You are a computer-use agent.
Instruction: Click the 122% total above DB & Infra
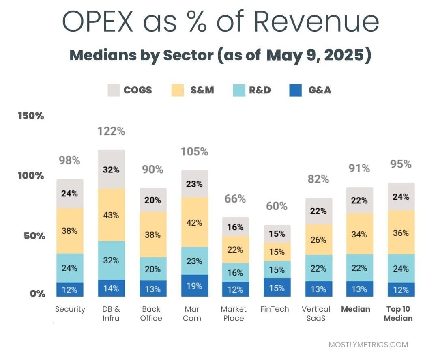[x=111, y=131]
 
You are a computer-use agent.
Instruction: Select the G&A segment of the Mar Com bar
[x=194, y=286]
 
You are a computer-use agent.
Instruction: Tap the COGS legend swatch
[x=114, y=90]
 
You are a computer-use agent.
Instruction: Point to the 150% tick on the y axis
[x=31, y=116]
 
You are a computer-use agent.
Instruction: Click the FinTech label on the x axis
[x=275, y=309]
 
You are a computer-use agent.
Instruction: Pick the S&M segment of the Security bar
[x=70, y=231]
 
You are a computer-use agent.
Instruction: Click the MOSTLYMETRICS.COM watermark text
[x=368, y=345]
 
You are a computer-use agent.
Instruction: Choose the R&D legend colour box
[x=240, y=90]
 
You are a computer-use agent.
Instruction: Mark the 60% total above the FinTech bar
[x=277, y=206]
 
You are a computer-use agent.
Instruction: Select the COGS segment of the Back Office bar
[x=152, y=200]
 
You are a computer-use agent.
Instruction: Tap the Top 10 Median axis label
[x=398, y=313]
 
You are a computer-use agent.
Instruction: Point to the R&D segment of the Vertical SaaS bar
[x=319, y=268]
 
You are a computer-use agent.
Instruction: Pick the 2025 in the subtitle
[x=344, y=56]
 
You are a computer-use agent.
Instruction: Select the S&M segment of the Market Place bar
[x=235, y=250]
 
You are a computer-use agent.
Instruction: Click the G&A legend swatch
[x=296, y=90]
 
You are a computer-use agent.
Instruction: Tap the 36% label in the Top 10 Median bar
[x=401, y=233]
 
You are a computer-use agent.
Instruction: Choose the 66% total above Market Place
[x=235, y=199]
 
